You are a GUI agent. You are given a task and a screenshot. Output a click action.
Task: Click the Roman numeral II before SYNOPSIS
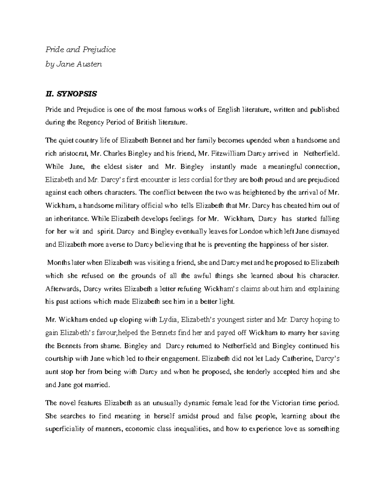click(x=49, y=94)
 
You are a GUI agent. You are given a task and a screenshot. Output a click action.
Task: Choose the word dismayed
click(x=325, y=232)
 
